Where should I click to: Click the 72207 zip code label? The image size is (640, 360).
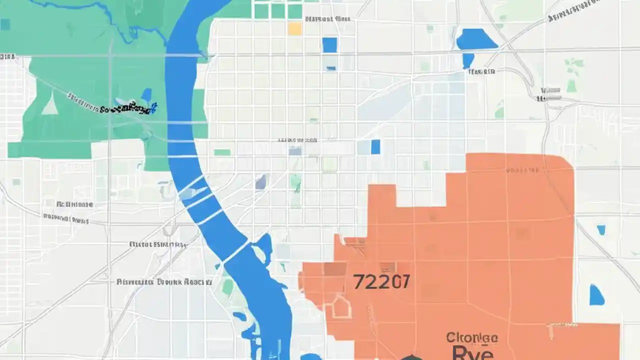(381, 282)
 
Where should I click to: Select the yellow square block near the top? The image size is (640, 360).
(295, 28)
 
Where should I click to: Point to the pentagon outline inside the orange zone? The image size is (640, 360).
(341, 305)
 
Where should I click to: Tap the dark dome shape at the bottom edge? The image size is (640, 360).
(411, 357)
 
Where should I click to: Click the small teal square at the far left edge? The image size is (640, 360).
(5, 24)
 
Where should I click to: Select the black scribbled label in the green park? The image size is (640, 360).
(128, 106)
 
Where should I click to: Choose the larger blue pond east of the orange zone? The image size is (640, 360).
(596, 295)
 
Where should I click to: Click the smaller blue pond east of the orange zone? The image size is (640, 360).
(601, 230)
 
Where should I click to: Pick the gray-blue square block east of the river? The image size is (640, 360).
(260, 182)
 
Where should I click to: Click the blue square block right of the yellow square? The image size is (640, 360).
(329, 45)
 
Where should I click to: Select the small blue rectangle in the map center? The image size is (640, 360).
(375, 146)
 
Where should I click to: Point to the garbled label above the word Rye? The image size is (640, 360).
(471, 338)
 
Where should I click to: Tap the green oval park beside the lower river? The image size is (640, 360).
(228, 287)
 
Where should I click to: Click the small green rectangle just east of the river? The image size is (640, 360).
(222, 152)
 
